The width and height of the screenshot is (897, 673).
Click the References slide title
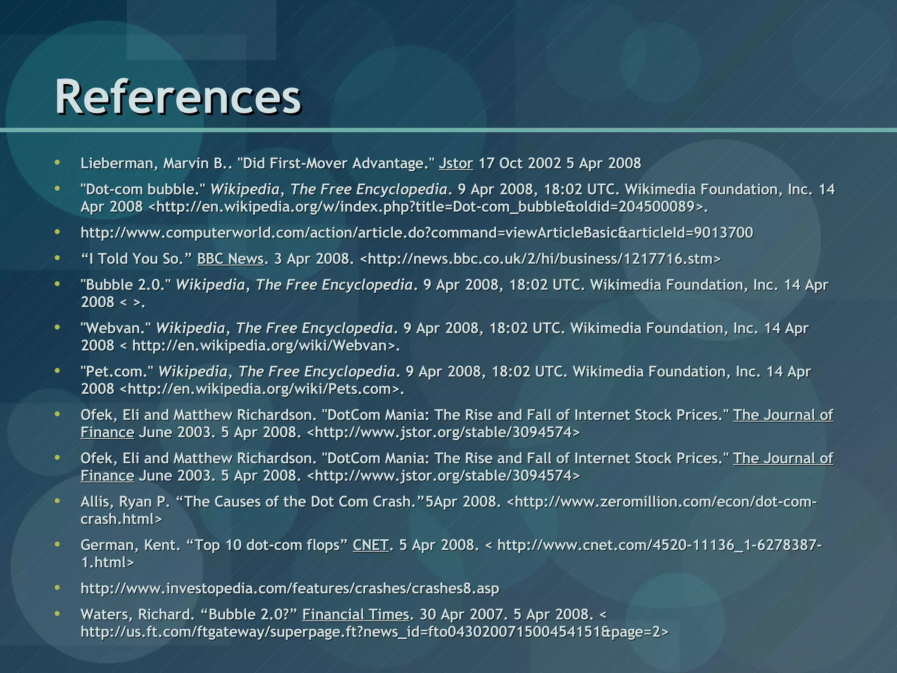click(x=178, y=96)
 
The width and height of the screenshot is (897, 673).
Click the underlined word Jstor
click(x=456, y=163)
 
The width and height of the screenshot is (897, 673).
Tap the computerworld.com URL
click(x=417, y=233)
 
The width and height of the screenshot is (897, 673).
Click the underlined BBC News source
click(x=230, y=259)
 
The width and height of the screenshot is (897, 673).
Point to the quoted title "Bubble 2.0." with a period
click(x=126, y=285)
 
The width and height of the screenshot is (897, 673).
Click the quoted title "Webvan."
click(x=116, y=328)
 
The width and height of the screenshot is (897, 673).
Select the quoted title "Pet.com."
click(x=117, y=372)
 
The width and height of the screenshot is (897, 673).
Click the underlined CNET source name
click(x=371, y=545)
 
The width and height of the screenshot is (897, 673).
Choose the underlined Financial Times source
click(x=356, y=615)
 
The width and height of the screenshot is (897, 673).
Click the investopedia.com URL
click(x=290, y=588)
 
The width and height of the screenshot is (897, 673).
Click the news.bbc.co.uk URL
click(x=540, y=259)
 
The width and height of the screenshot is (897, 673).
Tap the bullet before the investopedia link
click(x=57, y=588)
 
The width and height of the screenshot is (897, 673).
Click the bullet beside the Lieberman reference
click(x=57, y=163)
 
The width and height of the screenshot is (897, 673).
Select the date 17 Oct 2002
click(x=519, y=163)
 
